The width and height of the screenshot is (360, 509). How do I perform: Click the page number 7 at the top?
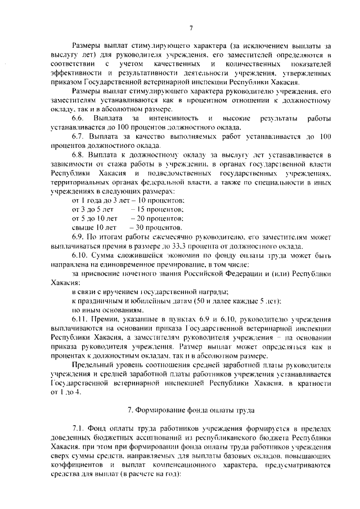pos(191,28)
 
